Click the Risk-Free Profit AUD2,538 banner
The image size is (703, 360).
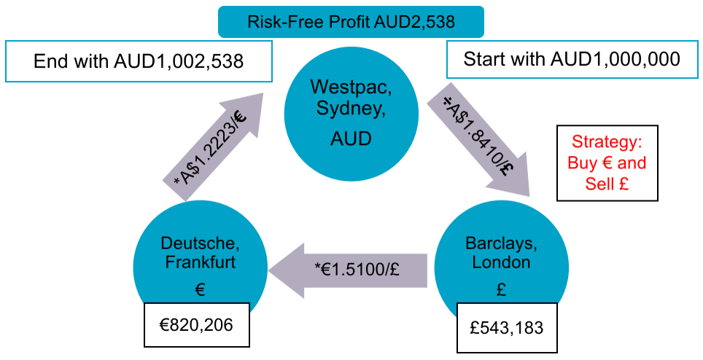[351, 21]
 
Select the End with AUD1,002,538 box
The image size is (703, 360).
[139, 60]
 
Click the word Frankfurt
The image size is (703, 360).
[199, 262]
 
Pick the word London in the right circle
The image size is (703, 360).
[500, 262]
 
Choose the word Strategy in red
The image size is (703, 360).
[607, 141]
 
